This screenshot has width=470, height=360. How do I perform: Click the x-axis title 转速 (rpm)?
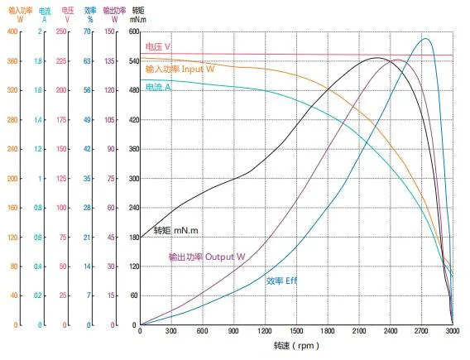tap(295, 346)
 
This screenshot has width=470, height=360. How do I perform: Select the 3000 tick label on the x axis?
tap(452, 331)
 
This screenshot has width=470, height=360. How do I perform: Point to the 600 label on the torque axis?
tap(134, 31)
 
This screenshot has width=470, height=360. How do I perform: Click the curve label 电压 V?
tap(159, 47)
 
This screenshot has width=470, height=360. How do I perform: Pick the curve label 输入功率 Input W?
tap(179, 70)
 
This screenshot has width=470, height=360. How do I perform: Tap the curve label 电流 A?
tap(158, 87)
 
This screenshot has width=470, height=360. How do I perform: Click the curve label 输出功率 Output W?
tap(206, 257)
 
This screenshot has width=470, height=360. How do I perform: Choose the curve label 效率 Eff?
tap(282, 281)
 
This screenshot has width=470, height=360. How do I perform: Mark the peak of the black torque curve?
tap(376, 58)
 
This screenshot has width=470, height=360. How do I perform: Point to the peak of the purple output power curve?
tap(396, 60)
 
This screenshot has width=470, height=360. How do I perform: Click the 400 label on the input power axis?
tap(12, 31)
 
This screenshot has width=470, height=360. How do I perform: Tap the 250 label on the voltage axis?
tap(61, 31)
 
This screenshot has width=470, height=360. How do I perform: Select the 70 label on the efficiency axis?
tap(87, 31)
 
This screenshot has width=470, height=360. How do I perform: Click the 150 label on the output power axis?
tap(110, 31)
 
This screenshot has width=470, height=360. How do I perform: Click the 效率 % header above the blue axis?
tap(89, 13)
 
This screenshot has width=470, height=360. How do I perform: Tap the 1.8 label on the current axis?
tap(38, 61)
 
